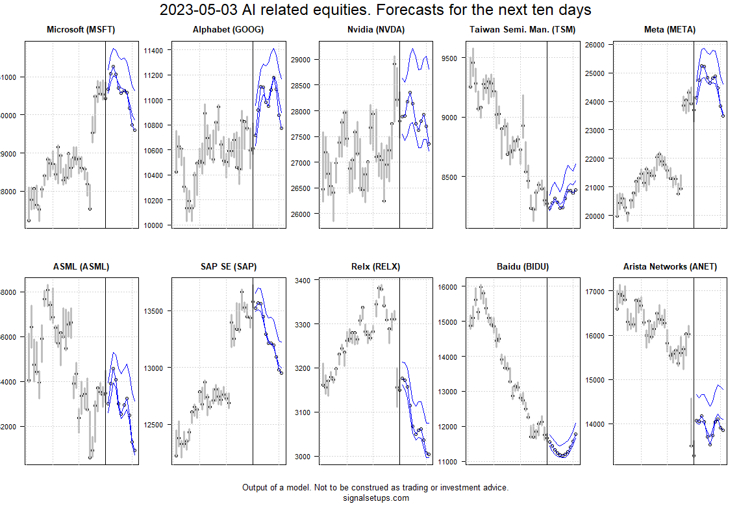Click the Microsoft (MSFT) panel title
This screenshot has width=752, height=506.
82,30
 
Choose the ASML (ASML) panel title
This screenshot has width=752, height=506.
81,266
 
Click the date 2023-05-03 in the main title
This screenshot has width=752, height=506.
194,10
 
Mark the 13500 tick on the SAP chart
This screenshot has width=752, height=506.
158,311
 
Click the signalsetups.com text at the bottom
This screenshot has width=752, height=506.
375,498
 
